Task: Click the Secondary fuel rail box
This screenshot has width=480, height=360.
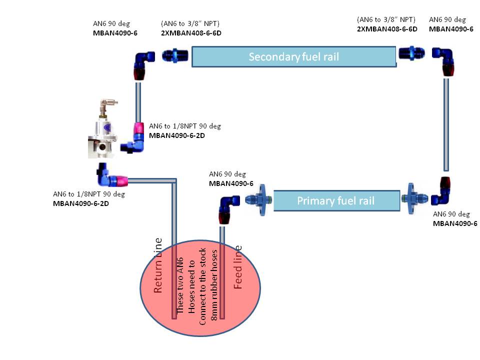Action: pyautogui.click(x=294, y=56)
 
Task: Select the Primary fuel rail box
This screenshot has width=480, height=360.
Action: pyautogui.click(x=336, y=201)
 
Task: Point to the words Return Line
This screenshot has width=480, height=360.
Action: pyautogui.click(x=157, y=265)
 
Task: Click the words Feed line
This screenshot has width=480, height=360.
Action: pyautogui.click(x=238, y=267)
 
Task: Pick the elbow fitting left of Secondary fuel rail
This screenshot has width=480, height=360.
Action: pyautogui.click(x=143, y=65)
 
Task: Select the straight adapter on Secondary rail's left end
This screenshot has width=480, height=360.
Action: pyautogui.click(x=175, y=55)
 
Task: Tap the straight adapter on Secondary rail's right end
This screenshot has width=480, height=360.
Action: pyautogui.click(x=411, y=53)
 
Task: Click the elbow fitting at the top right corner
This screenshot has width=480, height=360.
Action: pyautogui.click(x=444, y=60)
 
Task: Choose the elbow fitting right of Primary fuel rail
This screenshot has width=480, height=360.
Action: pyautogui.click(x=441, y=192)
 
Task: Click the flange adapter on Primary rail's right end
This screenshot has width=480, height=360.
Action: pyautogui.click(x=413, y=198)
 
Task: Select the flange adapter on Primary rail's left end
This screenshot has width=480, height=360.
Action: pyautogui.click(x=259, y=200)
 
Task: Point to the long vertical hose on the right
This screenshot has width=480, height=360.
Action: pyautogui.click(x=446, y=124)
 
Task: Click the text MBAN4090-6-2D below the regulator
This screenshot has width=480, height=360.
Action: pyautogui.click(x=81, y=203)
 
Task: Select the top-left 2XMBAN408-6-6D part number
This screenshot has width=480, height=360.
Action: pyautogui.click(x=191, y=33)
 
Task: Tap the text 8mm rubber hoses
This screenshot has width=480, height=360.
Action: pyautogui.click(x=214, y=285)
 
